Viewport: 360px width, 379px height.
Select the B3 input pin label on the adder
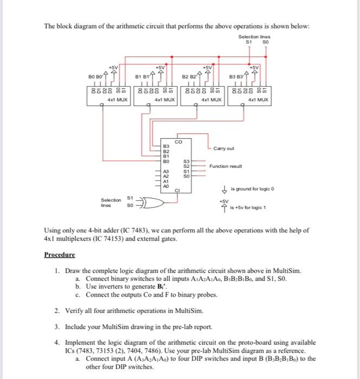coord(167,147)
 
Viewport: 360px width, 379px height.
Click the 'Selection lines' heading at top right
coord(254,36)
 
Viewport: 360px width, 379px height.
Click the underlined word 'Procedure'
coord(60,254)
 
